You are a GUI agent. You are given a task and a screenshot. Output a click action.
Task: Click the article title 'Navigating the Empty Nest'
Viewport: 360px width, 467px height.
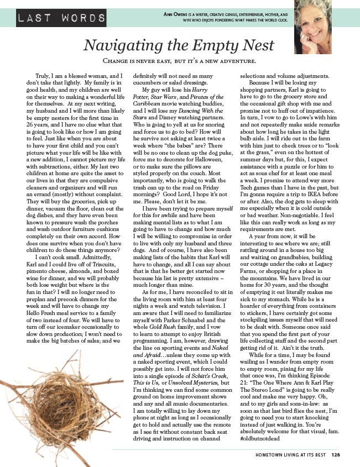pos(180,45)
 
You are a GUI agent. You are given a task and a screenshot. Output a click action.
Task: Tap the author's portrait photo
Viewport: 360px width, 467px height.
pos(313,27)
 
